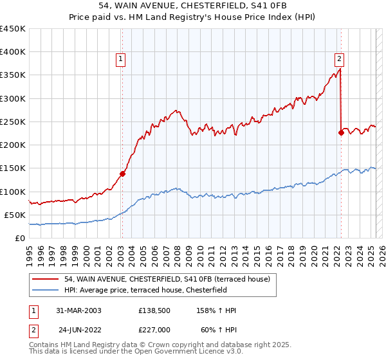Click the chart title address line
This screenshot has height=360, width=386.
pos(192,6)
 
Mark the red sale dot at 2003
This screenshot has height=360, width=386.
pos(122,173)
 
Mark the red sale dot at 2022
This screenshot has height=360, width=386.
pos(341,133)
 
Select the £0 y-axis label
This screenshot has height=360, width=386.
pos(20,238)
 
